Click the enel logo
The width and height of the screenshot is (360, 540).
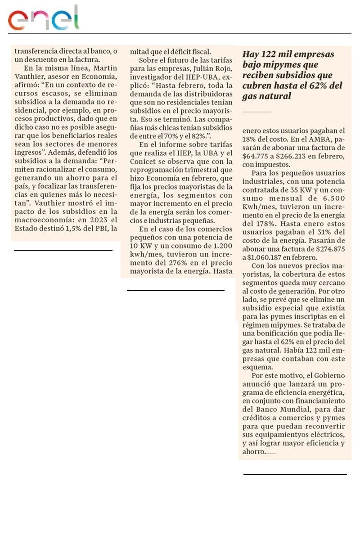coord(44,19)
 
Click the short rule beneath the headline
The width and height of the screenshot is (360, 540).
coord(257,111)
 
